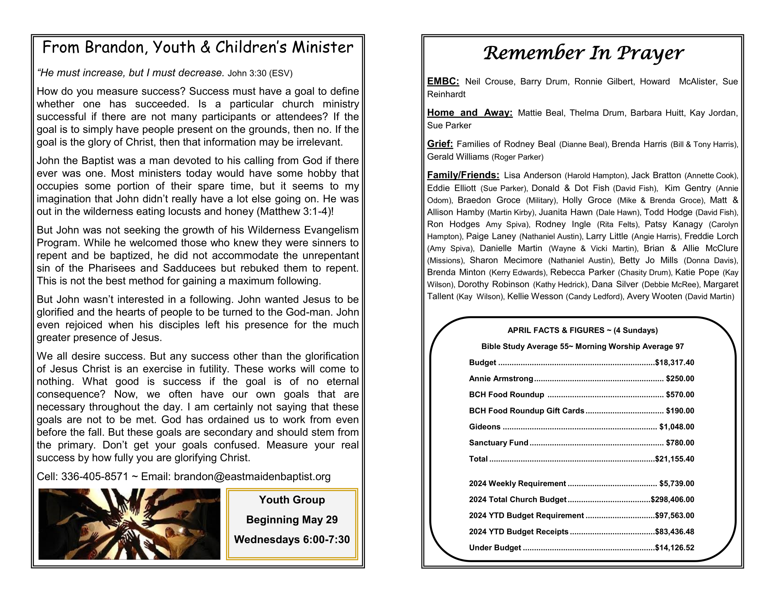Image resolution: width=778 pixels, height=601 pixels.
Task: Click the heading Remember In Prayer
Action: click(x=583, y=53)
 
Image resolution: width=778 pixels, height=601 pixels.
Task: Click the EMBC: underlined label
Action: click(x=443, y=82)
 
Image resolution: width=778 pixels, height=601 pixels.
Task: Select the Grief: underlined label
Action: click(x=440, y=144)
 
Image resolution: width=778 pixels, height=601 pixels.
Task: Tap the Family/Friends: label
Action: click(x=463, y=175)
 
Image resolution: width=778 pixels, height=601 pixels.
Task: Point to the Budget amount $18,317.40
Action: click(x=674, y=363)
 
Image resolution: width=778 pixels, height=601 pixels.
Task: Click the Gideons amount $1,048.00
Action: click(x=677, y=427)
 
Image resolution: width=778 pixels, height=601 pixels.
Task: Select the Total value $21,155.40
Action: click(x=674, y=459)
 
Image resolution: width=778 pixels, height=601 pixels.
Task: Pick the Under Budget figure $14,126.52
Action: click(x=674, y=548)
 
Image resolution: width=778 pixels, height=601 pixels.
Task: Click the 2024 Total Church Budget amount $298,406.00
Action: click(x=672, y=500)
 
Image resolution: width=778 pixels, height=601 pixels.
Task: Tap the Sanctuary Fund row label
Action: click(x=498, y=443)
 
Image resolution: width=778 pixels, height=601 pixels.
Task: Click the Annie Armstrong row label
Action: click(x=501, y=379)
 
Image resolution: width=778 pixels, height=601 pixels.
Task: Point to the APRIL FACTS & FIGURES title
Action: click(x=582, y=331)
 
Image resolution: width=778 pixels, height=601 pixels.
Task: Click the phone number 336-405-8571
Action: click(x=94, y=477)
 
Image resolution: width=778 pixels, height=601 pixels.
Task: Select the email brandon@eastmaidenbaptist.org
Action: click(x=252, y=477)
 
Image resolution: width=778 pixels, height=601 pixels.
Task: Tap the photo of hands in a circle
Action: click(x=129, y=524)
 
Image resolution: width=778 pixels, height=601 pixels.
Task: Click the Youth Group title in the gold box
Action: click(x=292, y=500)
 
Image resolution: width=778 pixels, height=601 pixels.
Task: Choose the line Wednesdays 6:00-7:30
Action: click(x=292, y=539)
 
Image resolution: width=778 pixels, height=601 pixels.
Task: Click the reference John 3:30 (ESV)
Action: click(x=260, y=73)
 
